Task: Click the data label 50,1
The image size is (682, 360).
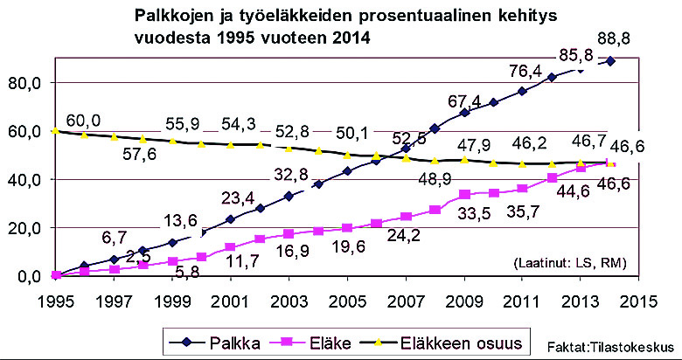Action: coord(360,133)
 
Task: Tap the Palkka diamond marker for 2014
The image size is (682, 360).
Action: coord(610,61)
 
